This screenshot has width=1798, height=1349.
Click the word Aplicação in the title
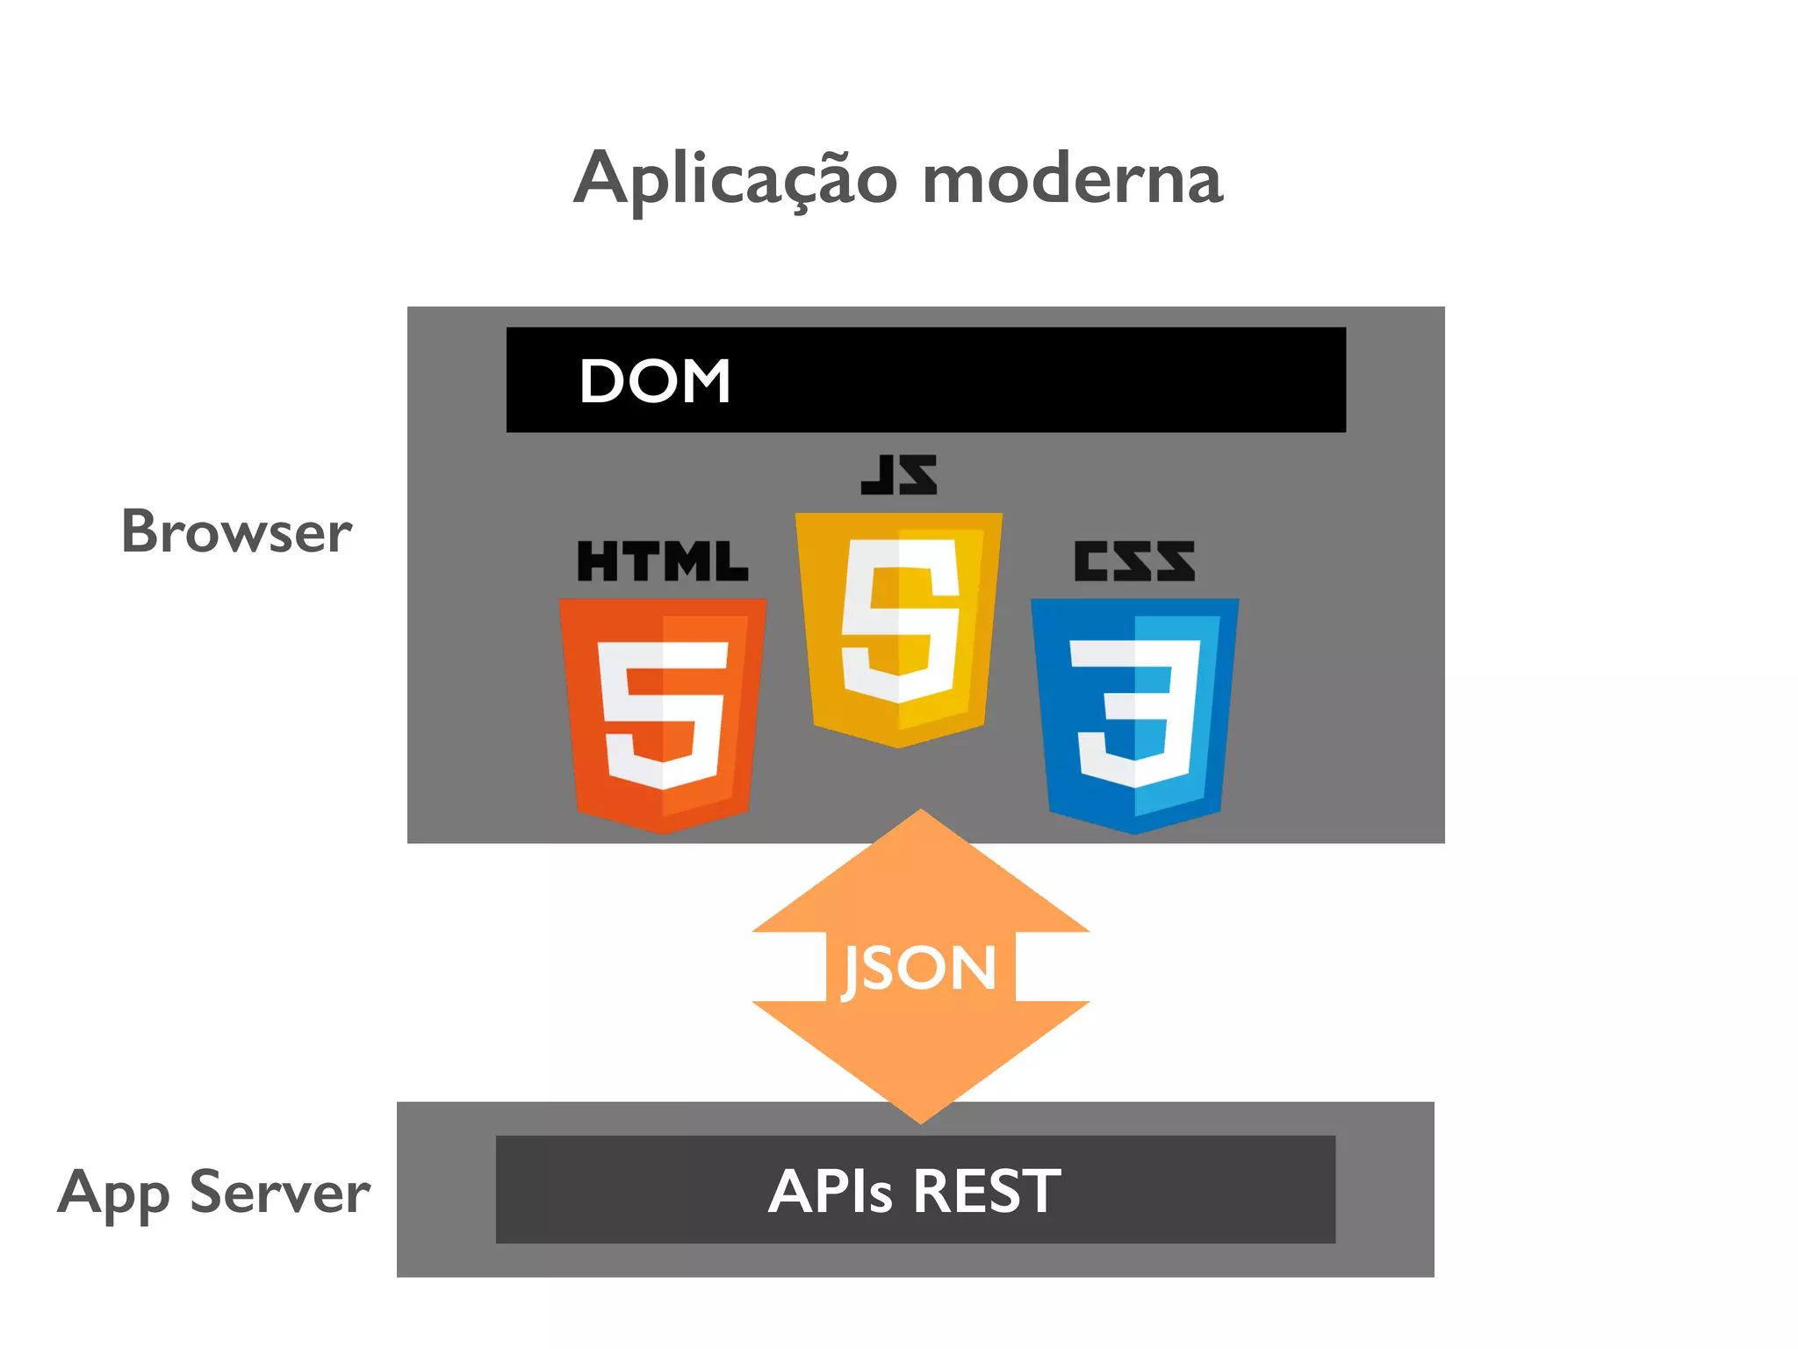(x=736, y=180)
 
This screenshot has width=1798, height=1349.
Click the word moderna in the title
(x=1072, y=180)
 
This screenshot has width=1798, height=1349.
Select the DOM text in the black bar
(x=655, y=381)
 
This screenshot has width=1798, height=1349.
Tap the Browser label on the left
(x=236, y=532)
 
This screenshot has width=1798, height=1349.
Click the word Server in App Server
(x=280, y=1193)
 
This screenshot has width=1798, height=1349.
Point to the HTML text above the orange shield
(x=663, y=561)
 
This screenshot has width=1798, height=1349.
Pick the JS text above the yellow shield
(x=899, y=474)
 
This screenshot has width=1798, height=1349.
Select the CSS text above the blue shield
(x=1134, y=561)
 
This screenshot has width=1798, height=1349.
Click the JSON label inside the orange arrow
(x=920, y=968)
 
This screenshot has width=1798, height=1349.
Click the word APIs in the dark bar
(x=830, y=1192)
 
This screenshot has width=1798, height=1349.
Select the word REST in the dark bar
(x=987, y=1192)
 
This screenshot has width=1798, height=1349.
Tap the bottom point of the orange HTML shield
(x=663, y=831)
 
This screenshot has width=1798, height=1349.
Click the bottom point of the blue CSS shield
(x=1134, y=831)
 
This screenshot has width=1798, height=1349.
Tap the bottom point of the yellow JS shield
(x=899, y=746)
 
